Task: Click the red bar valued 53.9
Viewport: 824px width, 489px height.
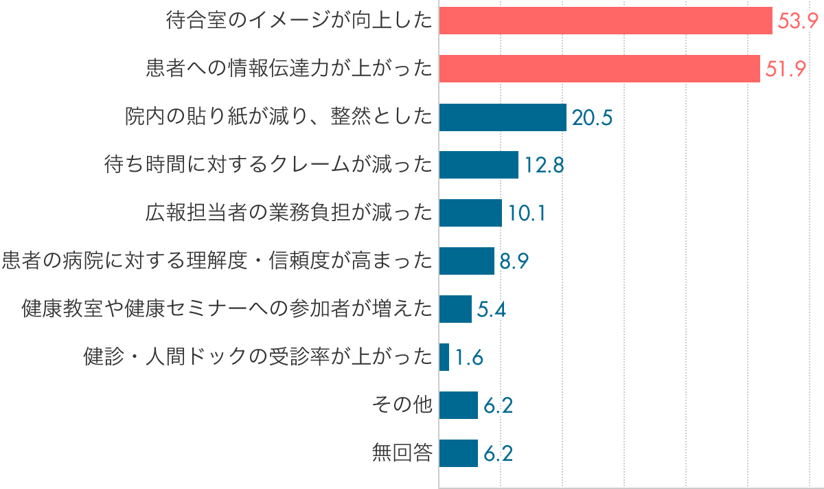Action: click(x=606, y=21)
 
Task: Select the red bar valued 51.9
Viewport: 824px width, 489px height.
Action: click(x=599, y=69)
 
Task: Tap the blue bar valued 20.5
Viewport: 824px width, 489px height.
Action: click(x=503, y=117)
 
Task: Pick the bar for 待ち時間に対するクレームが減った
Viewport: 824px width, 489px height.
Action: click(x=479, y=165)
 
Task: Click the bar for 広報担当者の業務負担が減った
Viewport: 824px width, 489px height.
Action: click(x=470, y=213)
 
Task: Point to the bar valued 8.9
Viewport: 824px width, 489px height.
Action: click(x=466, y=261)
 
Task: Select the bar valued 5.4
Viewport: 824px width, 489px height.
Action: click(x=455, y=309)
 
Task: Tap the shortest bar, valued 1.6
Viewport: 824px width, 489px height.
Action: click(x=444, y=357)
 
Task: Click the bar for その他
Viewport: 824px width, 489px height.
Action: click(x=458, y=405)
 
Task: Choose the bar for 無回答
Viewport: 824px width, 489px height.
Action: click(x=458, y=453)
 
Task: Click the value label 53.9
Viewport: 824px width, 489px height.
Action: click(x=797, y=21)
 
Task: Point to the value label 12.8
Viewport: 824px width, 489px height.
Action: click(x=545, y=165)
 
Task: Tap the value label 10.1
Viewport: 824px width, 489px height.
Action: click(x=527, y=213)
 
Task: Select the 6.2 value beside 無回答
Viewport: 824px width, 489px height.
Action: click(x=499, y=453)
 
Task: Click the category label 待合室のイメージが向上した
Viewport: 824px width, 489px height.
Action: click(x=299, y=21)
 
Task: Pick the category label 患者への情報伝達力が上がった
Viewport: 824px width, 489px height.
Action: click(x=289, y=69)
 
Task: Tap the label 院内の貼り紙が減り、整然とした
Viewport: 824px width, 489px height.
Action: click(x=279, y=117)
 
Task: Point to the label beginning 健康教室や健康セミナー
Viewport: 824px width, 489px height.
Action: click(x=227, y=309)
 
